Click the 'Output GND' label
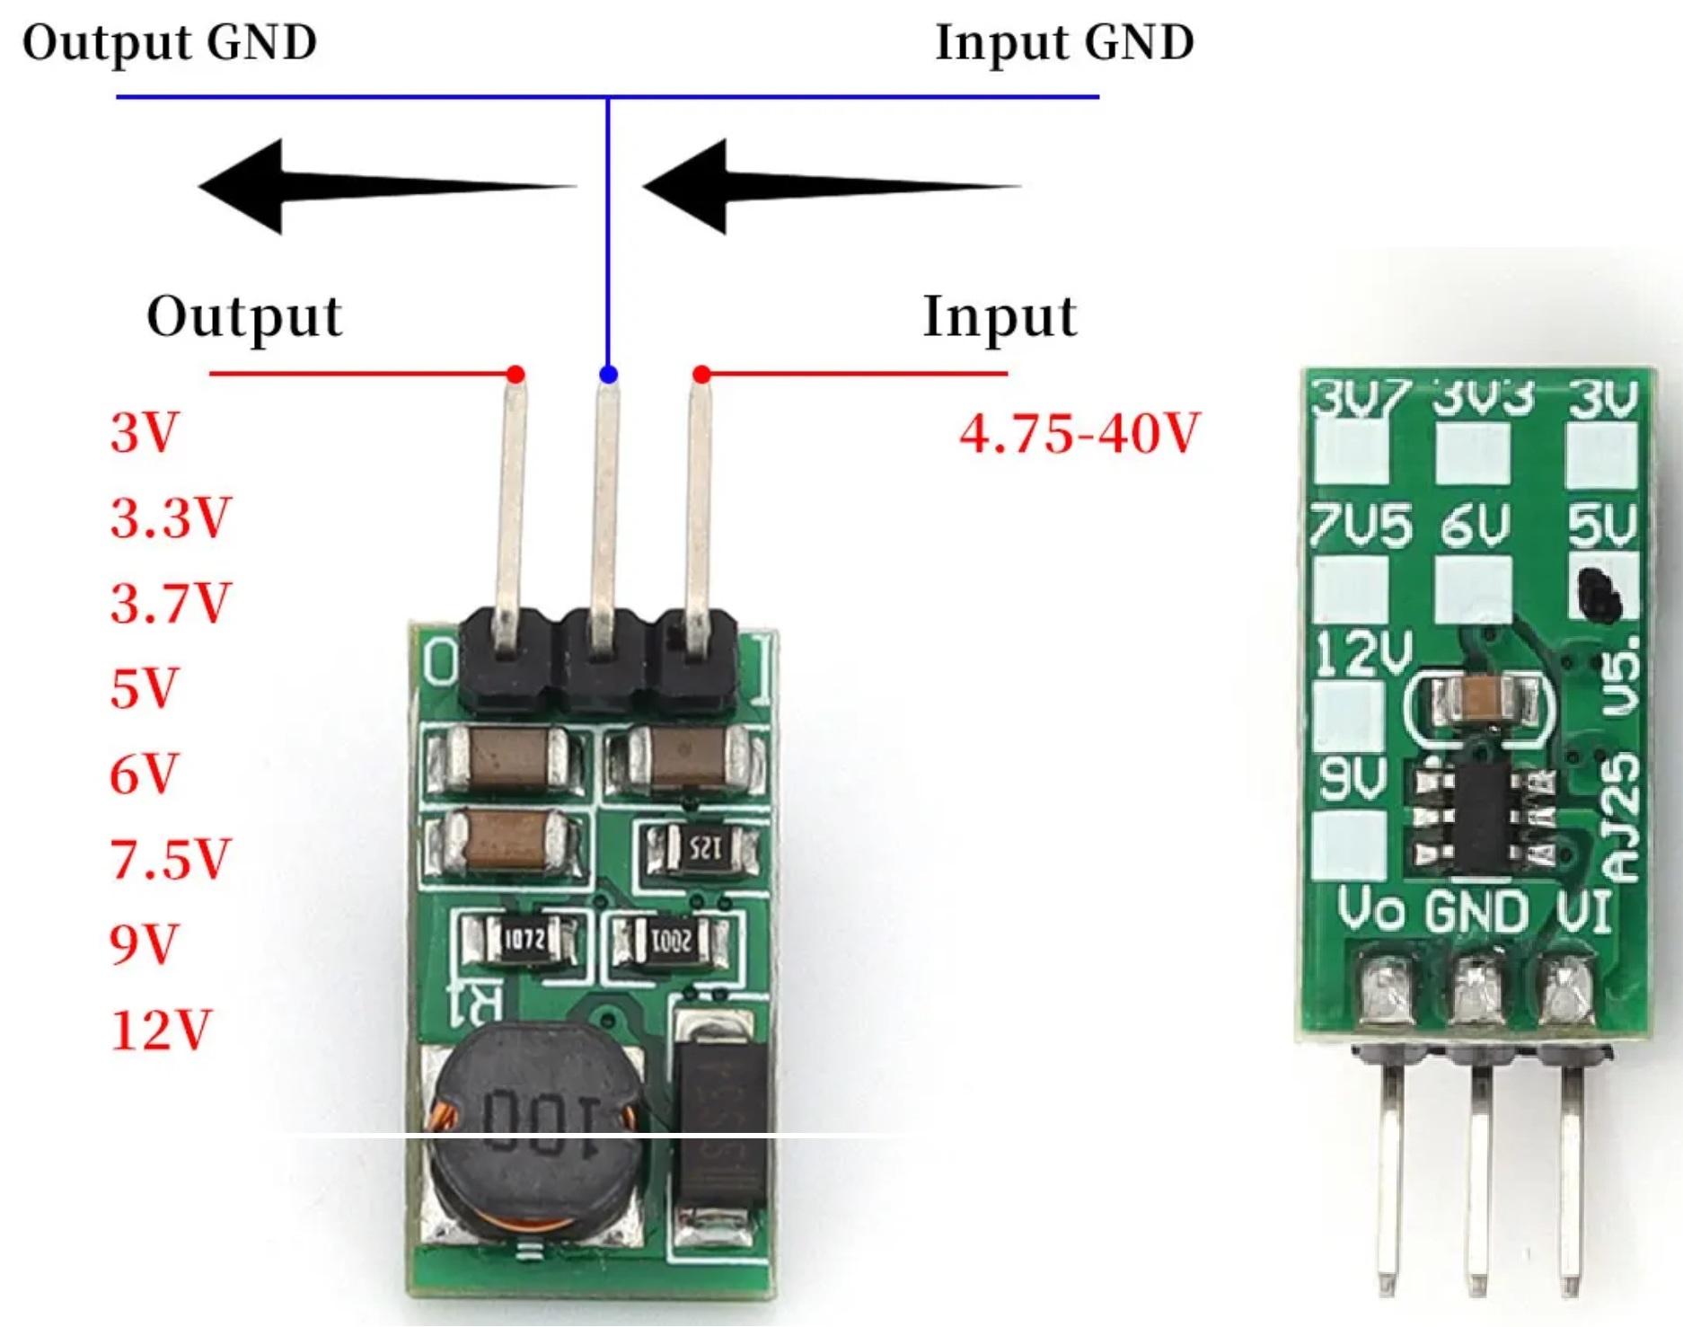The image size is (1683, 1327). coord(170,43)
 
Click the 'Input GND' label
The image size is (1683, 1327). coord(1064,43)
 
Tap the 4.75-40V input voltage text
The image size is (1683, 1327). coord(1079,434)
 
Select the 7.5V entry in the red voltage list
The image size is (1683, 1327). coord(170,859)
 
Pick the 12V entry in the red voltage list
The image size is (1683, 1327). coord(161,1030)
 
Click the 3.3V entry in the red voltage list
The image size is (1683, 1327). coord(170,518)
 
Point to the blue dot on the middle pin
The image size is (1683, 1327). coord(609,375)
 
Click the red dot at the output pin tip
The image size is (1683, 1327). coord(515,374)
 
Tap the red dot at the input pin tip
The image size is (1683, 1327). coord(702,374)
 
